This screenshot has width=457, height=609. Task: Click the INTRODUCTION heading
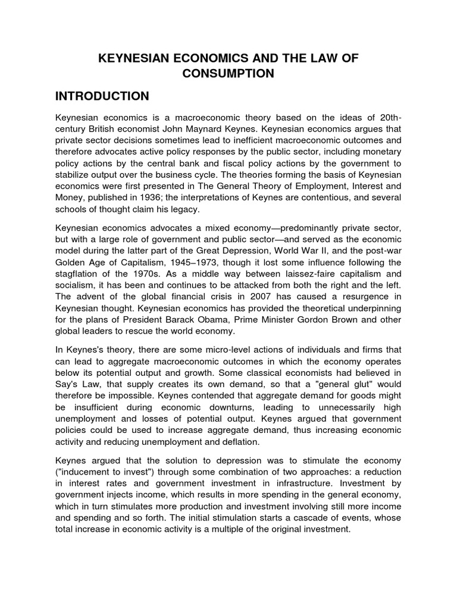(x=110, y=96)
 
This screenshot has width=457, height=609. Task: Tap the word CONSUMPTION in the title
(x=228, y=73)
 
